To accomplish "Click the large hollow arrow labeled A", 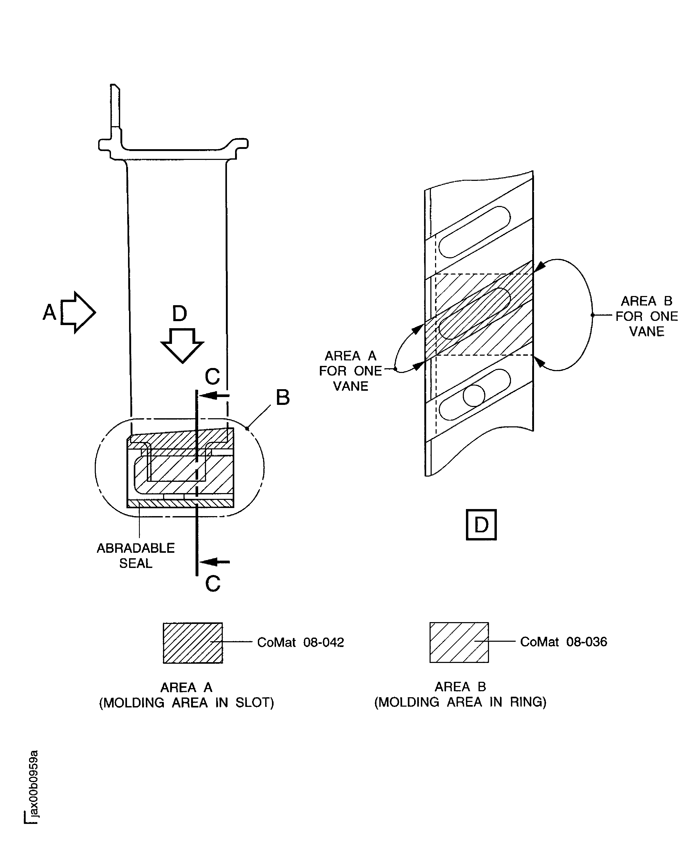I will click(78, 312).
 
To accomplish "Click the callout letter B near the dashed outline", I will click(283, 397).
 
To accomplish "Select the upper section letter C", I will click(212, 376).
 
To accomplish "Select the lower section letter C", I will click(213, 583).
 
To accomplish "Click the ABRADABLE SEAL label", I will click(136, 555).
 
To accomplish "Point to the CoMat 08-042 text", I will click(300, 642).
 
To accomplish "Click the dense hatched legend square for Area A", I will click(193, 643).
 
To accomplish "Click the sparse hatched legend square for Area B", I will click(459, 642).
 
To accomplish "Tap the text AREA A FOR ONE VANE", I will click(350, 371).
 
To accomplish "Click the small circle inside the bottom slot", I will click(474, 395).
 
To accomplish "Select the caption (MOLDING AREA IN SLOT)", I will click(186, 703).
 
